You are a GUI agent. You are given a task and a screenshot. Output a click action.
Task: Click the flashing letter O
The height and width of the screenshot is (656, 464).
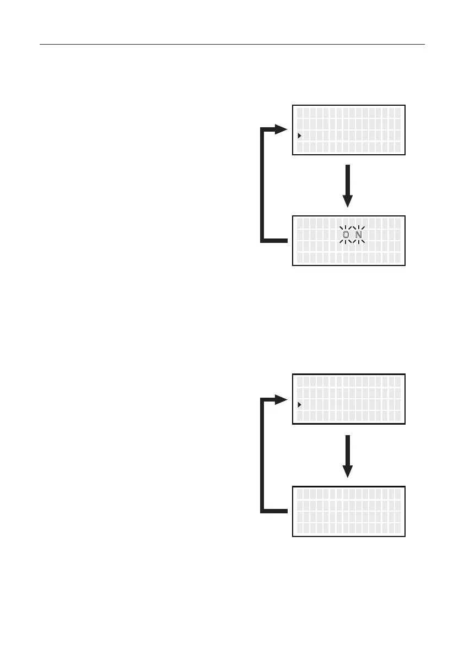346,235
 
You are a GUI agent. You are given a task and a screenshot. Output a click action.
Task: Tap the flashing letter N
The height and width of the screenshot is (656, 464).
358,235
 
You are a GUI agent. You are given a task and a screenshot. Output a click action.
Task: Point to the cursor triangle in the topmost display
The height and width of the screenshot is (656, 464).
299,135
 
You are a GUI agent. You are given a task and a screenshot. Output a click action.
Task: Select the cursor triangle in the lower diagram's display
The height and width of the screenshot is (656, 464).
299,405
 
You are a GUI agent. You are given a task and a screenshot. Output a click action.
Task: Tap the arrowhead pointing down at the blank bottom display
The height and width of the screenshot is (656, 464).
348,471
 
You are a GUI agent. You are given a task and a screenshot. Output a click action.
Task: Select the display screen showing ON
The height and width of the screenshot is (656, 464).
348,241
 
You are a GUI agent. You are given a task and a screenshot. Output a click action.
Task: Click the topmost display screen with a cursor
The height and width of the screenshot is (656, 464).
348,129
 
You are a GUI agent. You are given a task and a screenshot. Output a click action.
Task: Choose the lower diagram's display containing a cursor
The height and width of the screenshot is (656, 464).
348,399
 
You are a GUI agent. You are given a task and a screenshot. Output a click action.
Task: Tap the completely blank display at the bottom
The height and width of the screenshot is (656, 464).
348,511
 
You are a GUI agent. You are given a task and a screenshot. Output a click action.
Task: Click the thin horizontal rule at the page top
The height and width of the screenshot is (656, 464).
232,44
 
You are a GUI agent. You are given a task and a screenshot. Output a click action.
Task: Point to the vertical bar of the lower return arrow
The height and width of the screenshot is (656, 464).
262,456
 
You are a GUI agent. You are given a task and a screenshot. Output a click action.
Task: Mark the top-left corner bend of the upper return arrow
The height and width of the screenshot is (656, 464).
263,131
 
